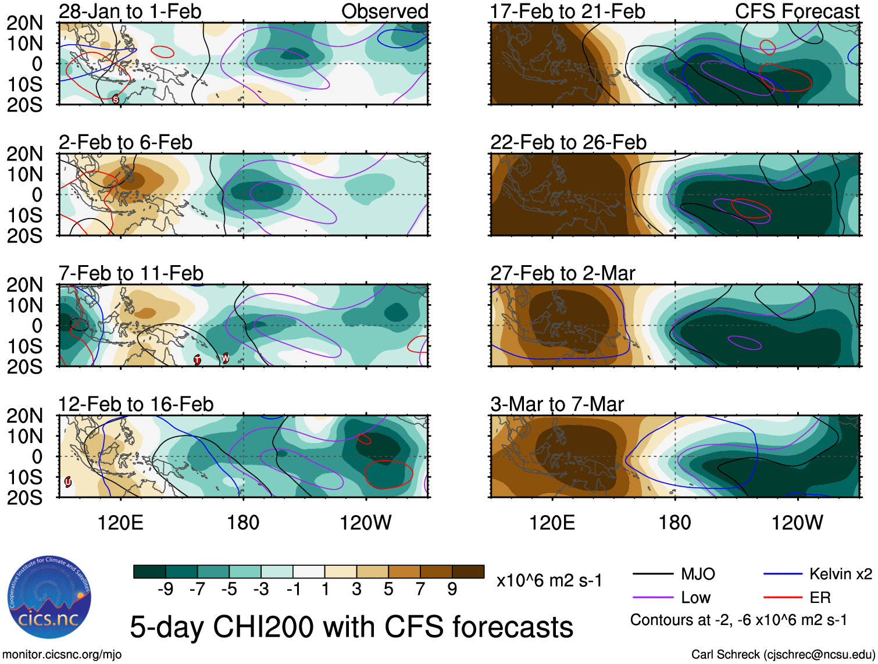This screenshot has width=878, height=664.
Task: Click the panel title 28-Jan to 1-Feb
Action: coord(130,11)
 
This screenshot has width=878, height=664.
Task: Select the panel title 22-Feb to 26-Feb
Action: coord(568,142)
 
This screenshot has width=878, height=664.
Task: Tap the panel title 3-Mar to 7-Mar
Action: coord(556,404)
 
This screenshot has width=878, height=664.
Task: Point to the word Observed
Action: coord(384,11)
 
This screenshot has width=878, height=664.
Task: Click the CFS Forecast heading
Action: coord(797,11)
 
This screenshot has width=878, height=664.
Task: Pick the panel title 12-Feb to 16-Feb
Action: coord(135,404)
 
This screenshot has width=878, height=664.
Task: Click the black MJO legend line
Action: coord(652,574)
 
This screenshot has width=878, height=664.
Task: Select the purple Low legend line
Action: coord(652,597)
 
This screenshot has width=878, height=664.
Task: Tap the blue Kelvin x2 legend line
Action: coord(783,574)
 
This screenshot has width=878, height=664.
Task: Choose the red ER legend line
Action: coord(783,597)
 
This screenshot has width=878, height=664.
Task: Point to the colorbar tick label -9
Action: coord(165,590)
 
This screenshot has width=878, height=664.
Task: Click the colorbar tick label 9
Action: coord(452,590)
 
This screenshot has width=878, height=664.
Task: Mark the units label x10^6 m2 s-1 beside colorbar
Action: coord(549,580)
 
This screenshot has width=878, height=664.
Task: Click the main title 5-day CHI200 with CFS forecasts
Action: coord(351,627)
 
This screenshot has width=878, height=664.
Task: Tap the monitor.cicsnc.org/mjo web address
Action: coord(62,655)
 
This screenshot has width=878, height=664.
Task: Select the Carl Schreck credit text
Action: coord(783,655)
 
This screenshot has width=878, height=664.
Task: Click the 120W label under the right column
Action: coord(797,523)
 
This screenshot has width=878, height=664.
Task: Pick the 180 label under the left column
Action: coord(243,523)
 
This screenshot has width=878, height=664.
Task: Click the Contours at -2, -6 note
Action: coord(738,620)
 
